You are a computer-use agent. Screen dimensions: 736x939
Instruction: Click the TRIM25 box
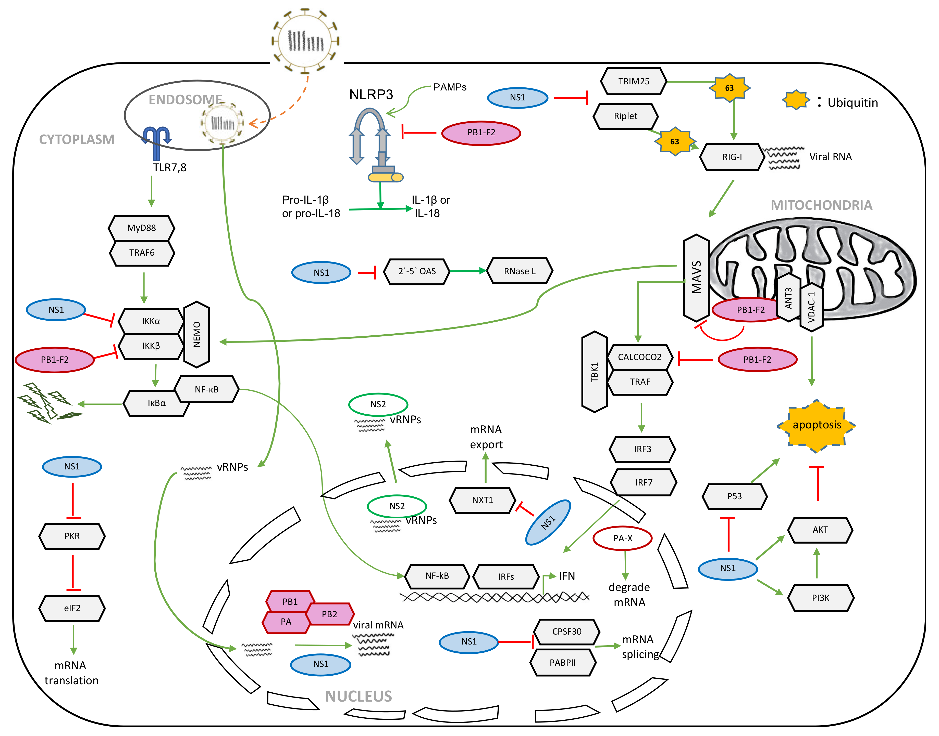633,82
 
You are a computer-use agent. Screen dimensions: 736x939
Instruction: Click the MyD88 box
141,228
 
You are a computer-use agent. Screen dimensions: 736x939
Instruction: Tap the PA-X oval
622,538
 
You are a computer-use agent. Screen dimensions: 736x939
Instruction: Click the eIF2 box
72,608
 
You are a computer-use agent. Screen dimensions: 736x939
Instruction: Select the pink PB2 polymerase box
329,614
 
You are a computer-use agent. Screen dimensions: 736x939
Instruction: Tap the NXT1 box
482,500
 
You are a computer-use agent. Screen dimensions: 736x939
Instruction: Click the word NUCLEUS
359,696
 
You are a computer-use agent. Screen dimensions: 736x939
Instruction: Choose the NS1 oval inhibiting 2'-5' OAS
321,272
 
